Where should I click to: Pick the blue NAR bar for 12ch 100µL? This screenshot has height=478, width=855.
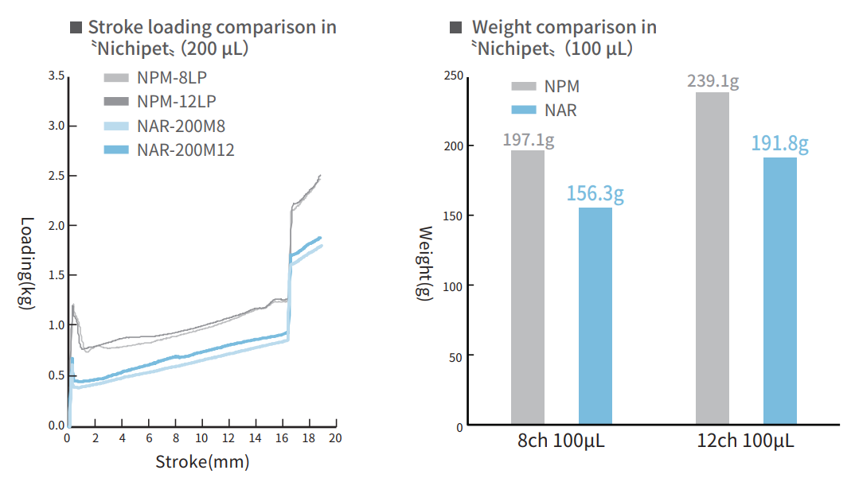point(779,290)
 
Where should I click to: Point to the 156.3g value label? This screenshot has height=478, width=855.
point(595,194)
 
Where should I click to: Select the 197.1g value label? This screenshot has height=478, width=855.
point(528,139)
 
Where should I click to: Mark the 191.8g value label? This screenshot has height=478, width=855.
point(779,144)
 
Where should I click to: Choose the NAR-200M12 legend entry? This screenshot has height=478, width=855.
point(185,150)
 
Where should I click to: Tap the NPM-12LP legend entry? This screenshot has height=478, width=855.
point(176,101)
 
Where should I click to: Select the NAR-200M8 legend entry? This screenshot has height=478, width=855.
point(180,126)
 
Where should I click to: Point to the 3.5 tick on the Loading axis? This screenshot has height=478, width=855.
point(56,76)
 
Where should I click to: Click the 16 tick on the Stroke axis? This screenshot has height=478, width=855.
point(283,438)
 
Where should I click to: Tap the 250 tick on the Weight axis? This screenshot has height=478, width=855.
point(452,76)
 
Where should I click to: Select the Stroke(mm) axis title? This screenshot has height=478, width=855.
point(201,461)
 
